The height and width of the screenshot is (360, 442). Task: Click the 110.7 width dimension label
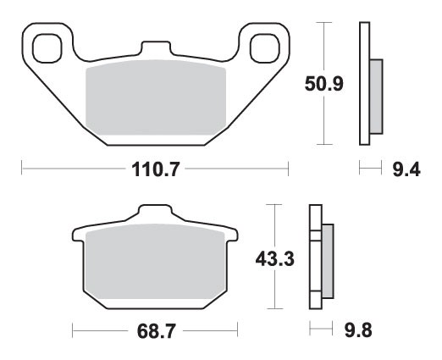click(155, 170)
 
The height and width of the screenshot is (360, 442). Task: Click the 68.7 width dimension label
click(156, 330)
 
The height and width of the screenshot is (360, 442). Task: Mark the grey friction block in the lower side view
click(328, 259)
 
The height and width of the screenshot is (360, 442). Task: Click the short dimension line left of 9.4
click(367, 170)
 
